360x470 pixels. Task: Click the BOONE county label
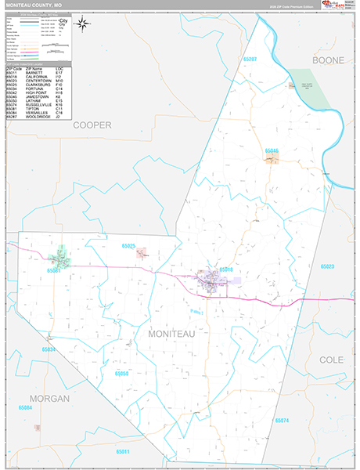(328, 60)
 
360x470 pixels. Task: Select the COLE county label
(331, 359)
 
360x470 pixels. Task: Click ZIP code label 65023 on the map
(327, 266)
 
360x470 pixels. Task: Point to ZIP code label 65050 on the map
(121, 374)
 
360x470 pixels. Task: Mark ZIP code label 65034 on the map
(49, 349)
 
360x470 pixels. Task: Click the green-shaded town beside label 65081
(59, 257)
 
